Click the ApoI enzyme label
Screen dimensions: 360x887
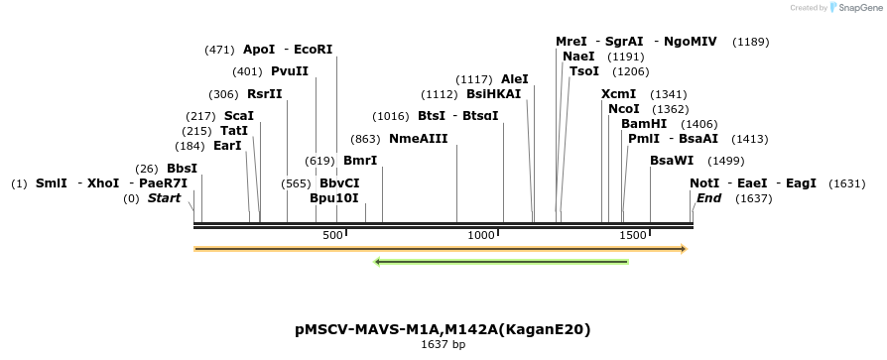(x=259, y=50)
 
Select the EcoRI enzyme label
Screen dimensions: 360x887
(x=314, y=50)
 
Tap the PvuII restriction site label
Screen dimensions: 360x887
(x=290, y=71)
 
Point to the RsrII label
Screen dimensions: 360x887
(x=265, y=95)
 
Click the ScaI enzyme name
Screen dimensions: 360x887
(x=239, y=116)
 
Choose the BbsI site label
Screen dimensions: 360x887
(x=182, y=169)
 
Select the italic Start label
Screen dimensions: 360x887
(x=164, y=198)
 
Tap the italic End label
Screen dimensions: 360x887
(x=708, y=198)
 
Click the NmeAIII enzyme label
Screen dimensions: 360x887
(x=418, y=139)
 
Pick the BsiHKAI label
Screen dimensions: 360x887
(x=493, y=95)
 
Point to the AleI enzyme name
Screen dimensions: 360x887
(x=515, y=79)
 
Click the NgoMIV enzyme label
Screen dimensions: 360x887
(x=690, y=42)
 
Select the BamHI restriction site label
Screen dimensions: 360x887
(x=644, y=124)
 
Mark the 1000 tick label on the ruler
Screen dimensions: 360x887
(x=481, y=235)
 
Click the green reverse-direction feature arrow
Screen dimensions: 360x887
(x=501, y=262)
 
